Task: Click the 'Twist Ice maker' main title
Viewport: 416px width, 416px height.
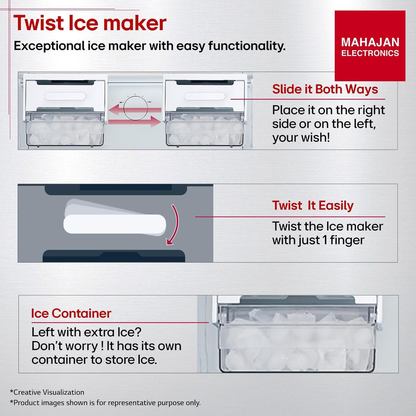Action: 90,23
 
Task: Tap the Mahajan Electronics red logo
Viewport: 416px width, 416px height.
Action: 370,46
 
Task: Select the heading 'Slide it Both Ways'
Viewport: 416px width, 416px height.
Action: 325,89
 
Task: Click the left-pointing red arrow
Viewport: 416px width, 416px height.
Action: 135,110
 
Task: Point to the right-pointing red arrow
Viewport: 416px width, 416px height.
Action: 134,121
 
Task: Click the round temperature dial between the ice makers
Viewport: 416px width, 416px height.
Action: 135,108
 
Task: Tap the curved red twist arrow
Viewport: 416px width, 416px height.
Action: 174,224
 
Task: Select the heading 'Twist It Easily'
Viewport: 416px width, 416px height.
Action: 313,206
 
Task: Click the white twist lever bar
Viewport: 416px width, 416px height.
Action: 115,224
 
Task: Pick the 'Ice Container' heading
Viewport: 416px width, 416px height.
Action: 71,313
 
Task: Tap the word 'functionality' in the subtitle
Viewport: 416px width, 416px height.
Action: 247,46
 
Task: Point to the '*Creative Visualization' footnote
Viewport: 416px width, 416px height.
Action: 47,392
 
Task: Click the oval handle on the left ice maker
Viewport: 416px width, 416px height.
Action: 65,96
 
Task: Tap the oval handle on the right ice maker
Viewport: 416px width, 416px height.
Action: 205,96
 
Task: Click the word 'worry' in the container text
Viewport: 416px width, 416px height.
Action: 82,346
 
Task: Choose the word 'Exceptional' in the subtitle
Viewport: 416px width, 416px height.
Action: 49,46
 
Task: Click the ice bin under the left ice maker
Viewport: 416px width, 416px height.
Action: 65,129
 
